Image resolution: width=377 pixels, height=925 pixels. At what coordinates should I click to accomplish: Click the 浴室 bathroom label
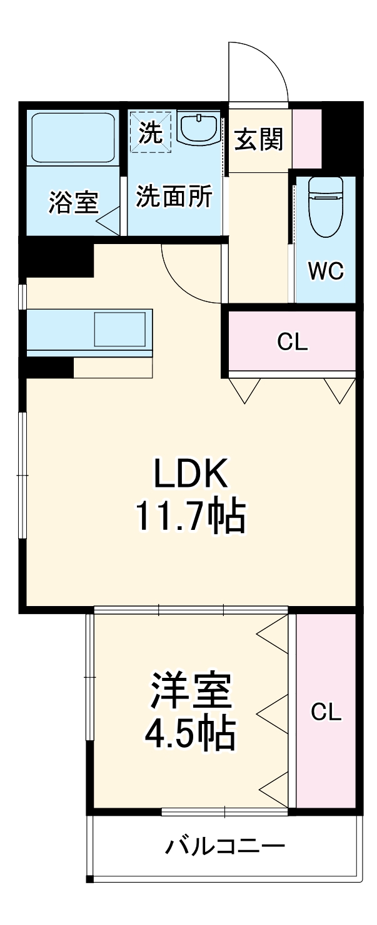coord(74,202)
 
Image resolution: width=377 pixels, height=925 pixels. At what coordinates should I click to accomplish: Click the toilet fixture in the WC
coord(326,206)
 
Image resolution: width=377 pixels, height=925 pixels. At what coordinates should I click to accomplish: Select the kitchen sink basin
coord(120,329)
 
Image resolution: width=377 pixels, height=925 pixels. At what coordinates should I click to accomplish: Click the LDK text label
coord(191,474)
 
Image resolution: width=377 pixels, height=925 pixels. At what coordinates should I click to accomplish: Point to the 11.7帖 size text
coord(191,516)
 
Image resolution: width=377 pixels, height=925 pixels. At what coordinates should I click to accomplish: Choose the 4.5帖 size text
coord(190,733)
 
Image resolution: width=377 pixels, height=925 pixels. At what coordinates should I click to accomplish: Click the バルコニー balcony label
coord(225,846)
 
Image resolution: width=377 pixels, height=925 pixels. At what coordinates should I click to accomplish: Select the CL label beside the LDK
coord(293,341)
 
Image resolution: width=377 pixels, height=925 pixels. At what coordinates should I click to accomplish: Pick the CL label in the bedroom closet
coord(326,712)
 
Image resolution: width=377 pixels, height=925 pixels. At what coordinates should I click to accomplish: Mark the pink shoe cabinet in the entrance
coord(307,139)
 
